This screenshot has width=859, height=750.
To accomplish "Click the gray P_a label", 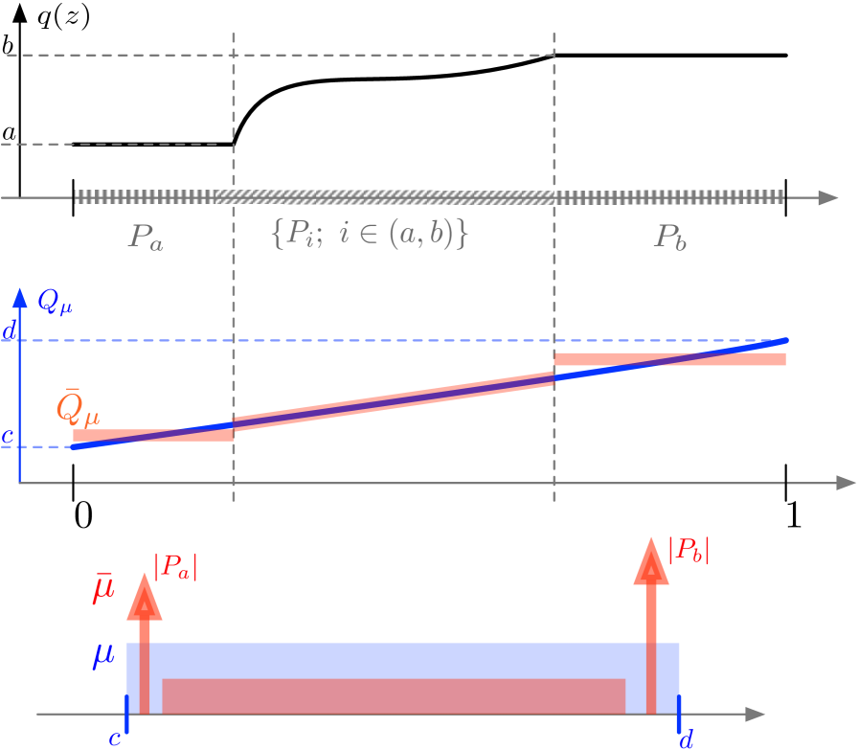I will (x=147, y=238).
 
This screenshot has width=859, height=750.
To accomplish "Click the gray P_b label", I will (x=670, y=238).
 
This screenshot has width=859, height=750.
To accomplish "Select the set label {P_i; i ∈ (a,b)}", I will (x=370, y=235).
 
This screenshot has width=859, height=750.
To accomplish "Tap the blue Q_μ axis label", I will (x=55, y=304).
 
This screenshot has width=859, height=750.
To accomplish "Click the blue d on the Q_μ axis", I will (x=9, y=332).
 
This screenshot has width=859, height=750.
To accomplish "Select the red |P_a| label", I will (x=175, y=568).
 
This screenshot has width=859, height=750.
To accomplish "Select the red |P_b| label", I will (x=689, y=551).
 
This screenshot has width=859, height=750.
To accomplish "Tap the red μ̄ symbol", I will (x=103, y=589).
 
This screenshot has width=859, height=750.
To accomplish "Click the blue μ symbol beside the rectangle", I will (x=103, y=656).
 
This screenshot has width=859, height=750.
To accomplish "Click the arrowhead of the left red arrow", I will (x=145, y=596).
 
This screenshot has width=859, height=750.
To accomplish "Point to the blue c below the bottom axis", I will (x=114, y=739).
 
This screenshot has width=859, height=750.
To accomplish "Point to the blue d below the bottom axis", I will (x=686, y=739).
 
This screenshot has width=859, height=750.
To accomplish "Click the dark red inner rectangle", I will (x=393, y=695).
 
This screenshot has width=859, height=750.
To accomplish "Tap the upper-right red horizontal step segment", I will (x=670, y=359).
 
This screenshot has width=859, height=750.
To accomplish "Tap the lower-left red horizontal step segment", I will (x=153, y=435).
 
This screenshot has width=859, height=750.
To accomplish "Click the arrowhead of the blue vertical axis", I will (x=19, y=294).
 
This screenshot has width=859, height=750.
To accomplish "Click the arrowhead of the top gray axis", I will (x=826, y=197).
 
